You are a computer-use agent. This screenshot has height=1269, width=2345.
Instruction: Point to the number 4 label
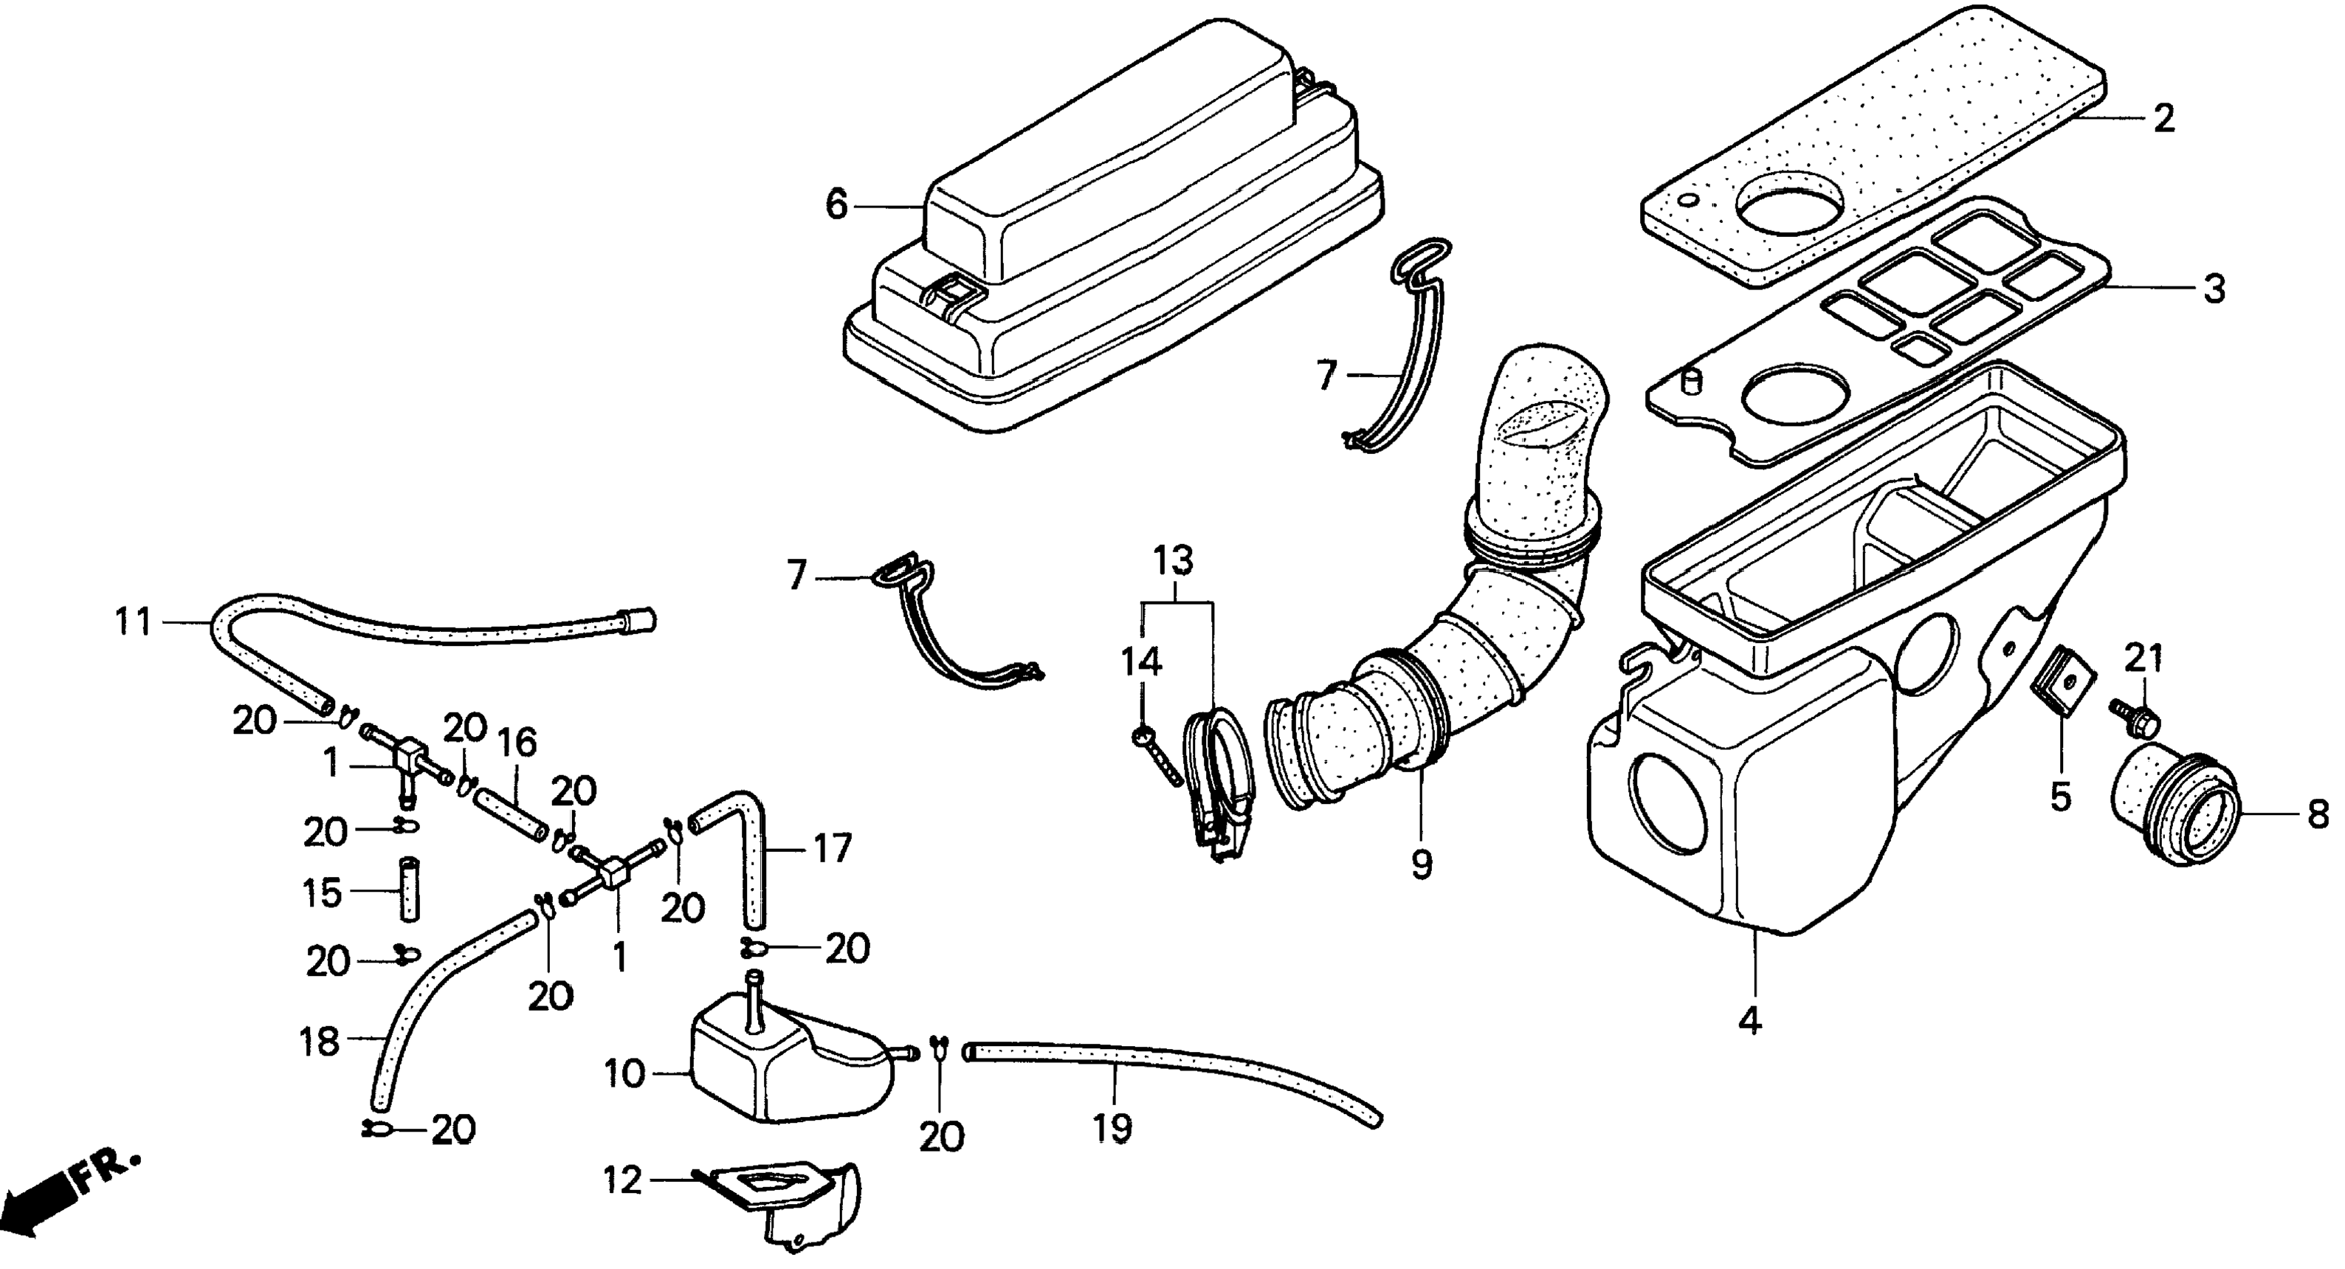pyautogui.click(x=1749, y=1022)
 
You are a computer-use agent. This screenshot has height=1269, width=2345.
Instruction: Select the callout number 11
pyautogui.click(x=133, y=624)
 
